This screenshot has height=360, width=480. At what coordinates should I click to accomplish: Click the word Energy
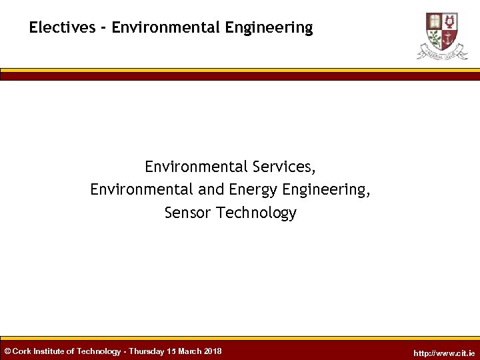tap(253, 190)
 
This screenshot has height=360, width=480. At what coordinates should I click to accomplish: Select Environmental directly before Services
tap(196, 166)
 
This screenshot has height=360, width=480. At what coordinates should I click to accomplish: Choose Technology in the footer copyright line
tap(99, 351)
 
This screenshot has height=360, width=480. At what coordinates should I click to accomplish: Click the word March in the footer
tap(192, 351)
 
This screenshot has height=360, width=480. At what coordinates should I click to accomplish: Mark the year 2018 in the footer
tap(213, 351)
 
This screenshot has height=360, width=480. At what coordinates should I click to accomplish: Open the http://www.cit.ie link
tap(444, 353)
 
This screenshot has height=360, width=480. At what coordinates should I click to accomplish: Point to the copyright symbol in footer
tap(7, 351)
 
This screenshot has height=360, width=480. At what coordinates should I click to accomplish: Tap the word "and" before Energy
tap(211, 190)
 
